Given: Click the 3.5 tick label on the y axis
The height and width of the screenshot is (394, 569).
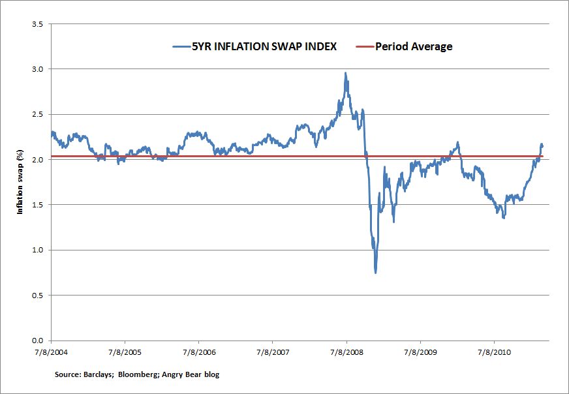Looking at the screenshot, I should [x=38, y=24].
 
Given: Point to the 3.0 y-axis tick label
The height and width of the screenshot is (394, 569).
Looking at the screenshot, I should [x=38, y=69].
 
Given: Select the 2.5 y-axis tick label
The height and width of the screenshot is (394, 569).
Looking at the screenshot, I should [x=38, y=114].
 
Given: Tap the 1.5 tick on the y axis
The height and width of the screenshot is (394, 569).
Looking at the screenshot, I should [x=38, y=205].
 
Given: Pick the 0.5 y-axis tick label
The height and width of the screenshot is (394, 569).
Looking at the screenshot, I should [x=38, y=295].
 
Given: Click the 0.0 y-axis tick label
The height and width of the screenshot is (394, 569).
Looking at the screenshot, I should [x=38, y=341].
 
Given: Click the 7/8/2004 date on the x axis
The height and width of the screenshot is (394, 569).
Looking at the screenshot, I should [x=51, y=352].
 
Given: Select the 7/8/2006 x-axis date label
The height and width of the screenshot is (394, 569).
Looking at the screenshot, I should [x=198, y=352].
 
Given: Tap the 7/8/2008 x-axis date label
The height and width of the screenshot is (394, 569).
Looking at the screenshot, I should [x=346, y=352].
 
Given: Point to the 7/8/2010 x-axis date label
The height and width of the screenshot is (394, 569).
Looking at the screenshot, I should [x=494, y=352].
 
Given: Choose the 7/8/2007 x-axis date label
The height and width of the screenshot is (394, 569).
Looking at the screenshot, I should [x=272, y=352].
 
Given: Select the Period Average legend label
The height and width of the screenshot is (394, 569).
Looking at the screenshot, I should [x=414, y=46].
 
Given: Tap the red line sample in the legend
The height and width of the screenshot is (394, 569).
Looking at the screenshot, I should [x=363, y=46].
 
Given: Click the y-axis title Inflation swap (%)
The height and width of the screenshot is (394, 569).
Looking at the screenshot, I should [x=20, y=182].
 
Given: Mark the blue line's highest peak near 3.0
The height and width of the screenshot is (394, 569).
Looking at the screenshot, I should [x=345, y=73].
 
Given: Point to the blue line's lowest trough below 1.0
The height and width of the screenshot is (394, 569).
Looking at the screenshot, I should [x=376, y=272].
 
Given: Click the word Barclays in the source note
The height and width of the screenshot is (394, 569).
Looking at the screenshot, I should [x=101, y=375].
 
